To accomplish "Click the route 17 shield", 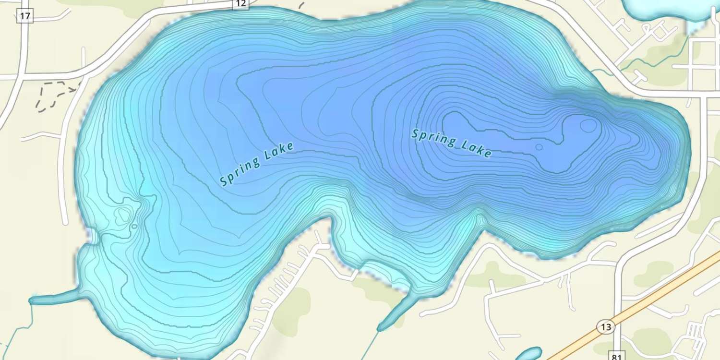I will [x=25, y=16].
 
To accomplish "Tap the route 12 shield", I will [x=240, y=4].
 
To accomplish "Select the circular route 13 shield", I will [x=606, y=327].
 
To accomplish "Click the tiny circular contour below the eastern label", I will [x=539, y=147].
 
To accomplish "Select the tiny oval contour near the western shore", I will [x=134, y=226].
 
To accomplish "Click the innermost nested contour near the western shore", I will [x=124, y=215].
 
